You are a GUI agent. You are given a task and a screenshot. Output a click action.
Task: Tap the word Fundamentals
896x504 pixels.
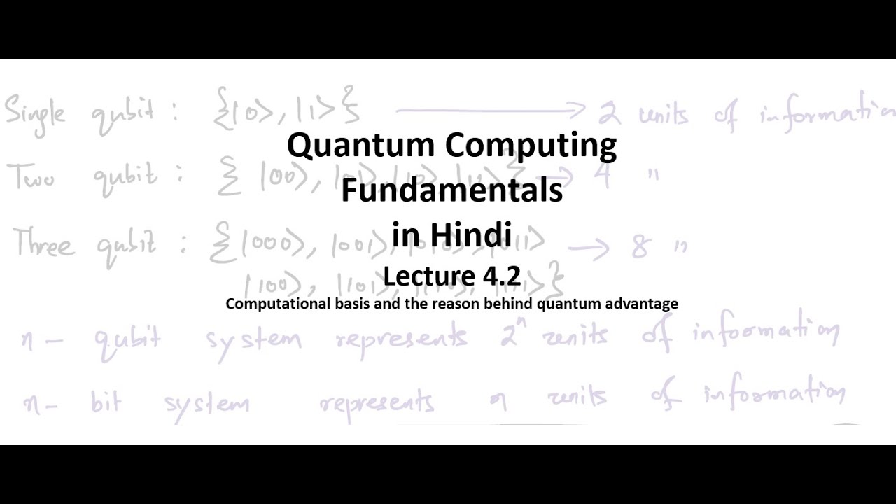pyautogui.click(x=451, y=190)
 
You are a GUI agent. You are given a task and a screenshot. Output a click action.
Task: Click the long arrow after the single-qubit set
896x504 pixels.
pyautogui.click(x=490, y=109)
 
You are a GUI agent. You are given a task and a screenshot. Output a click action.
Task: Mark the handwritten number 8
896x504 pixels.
pyautogui.click(x=640, y=247)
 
